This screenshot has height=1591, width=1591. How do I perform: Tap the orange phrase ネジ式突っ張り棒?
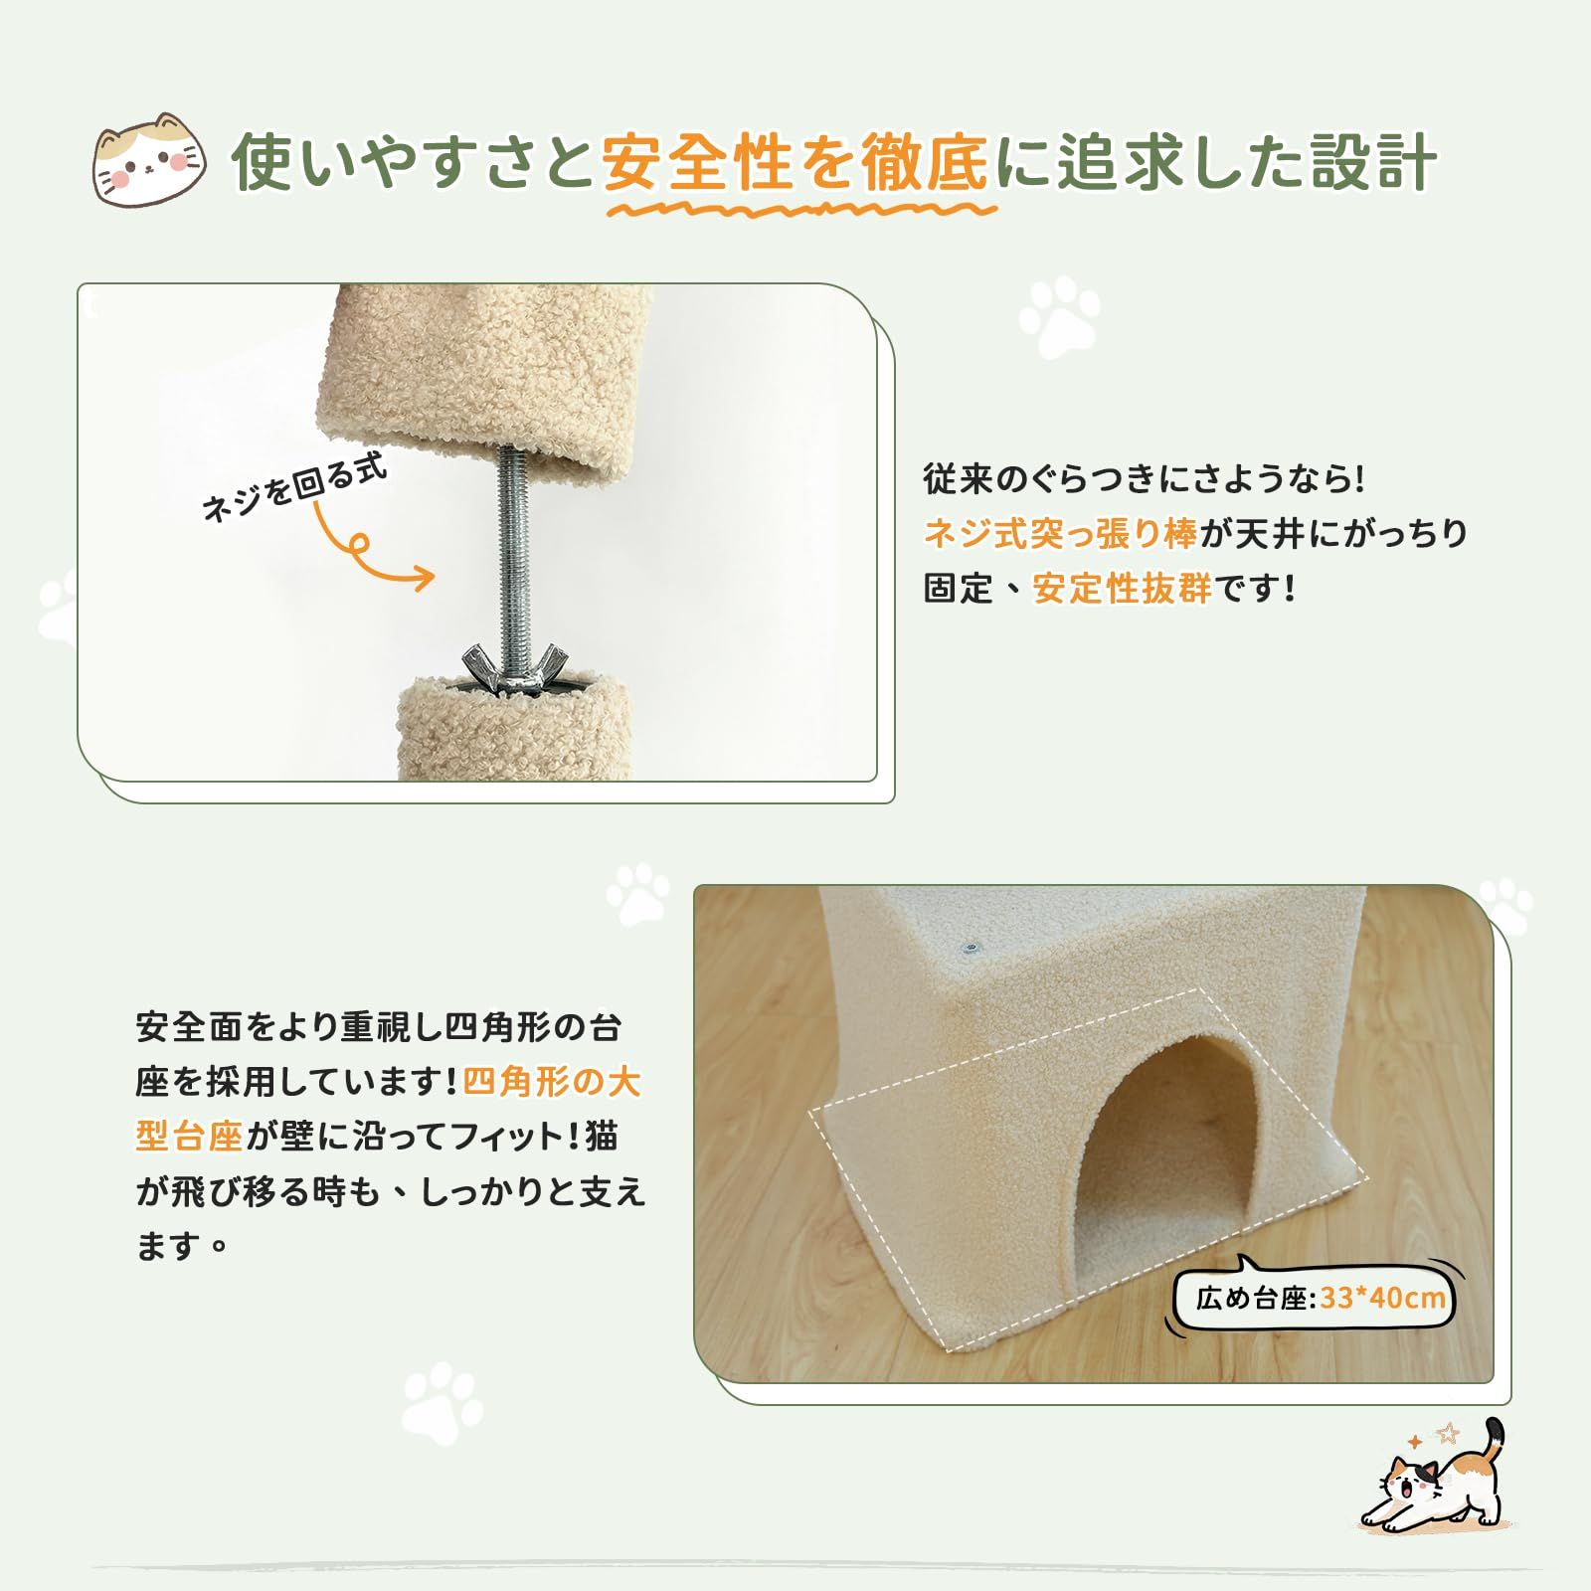pos(1061,534)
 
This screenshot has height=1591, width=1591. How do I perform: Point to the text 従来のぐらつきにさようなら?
pos(1145,479)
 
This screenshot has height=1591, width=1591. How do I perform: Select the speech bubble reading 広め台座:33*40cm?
pos(1313,1298)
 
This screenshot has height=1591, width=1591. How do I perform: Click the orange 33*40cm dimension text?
pos(1383,1299)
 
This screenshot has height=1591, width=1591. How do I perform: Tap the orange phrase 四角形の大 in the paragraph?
pos(552,1082)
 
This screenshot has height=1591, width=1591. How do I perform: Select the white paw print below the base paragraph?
pos(442,1404)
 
